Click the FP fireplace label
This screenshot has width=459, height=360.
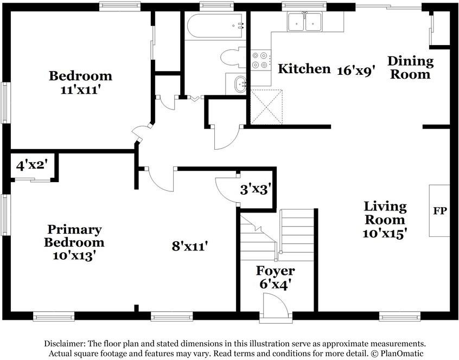[x=440, y=210]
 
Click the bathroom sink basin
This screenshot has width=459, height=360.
[x=239, y=84]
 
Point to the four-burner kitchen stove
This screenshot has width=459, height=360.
[x=260, y=60]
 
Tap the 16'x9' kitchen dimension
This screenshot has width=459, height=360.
[x=356, y=70]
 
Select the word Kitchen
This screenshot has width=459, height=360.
[x=304, y=69]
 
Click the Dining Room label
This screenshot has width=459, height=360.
[x=410, y=68]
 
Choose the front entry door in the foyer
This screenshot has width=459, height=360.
[x=274, y=308]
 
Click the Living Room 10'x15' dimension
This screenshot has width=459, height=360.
[x=385, y=233]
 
